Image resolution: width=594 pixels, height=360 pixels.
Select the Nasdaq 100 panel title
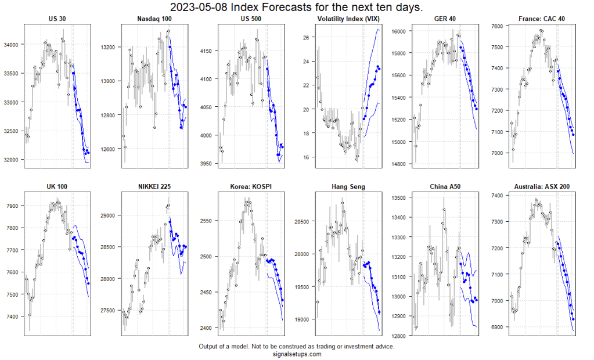[x=154, y=19]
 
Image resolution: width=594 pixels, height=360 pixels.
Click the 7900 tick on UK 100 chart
[x=13, y=206]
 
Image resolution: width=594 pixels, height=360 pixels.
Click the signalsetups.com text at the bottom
[x=296, y=354]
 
